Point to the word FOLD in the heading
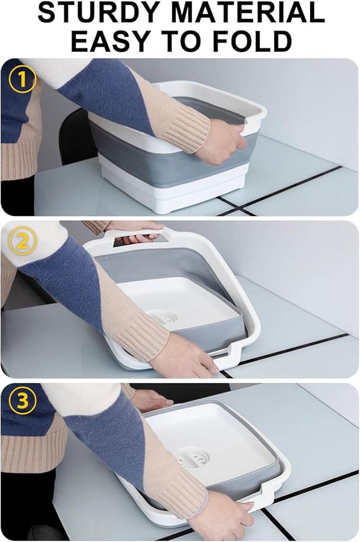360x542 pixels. pyautogui.click(x=256, y=41)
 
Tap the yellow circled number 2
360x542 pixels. pyautogui.click(x=22, y=242)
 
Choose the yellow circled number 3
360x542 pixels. pyautogui.click(x=22, y=402)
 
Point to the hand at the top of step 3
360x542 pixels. pyautogui.click(x=151, y=399)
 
